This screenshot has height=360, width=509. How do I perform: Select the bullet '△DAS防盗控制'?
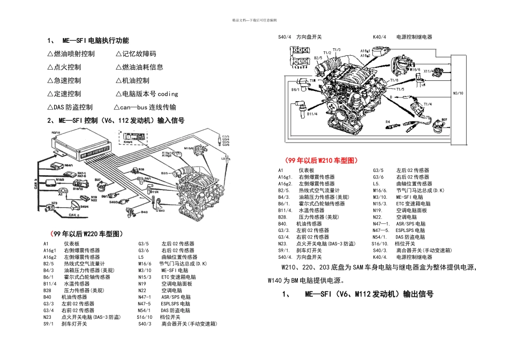[x=70, y=107]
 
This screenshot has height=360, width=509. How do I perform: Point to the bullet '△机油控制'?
[x=132, y=80]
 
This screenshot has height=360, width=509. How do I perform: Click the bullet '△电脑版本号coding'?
[x=146, y=94]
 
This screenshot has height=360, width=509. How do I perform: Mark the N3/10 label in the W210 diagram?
[x=458, y=93]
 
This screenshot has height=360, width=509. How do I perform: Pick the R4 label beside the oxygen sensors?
[x=387, y=122]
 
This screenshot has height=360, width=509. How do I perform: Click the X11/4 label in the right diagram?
[x=428, y=71]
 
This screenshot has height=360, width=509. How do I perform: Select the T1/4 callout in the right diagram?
[x=428, y=104]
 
